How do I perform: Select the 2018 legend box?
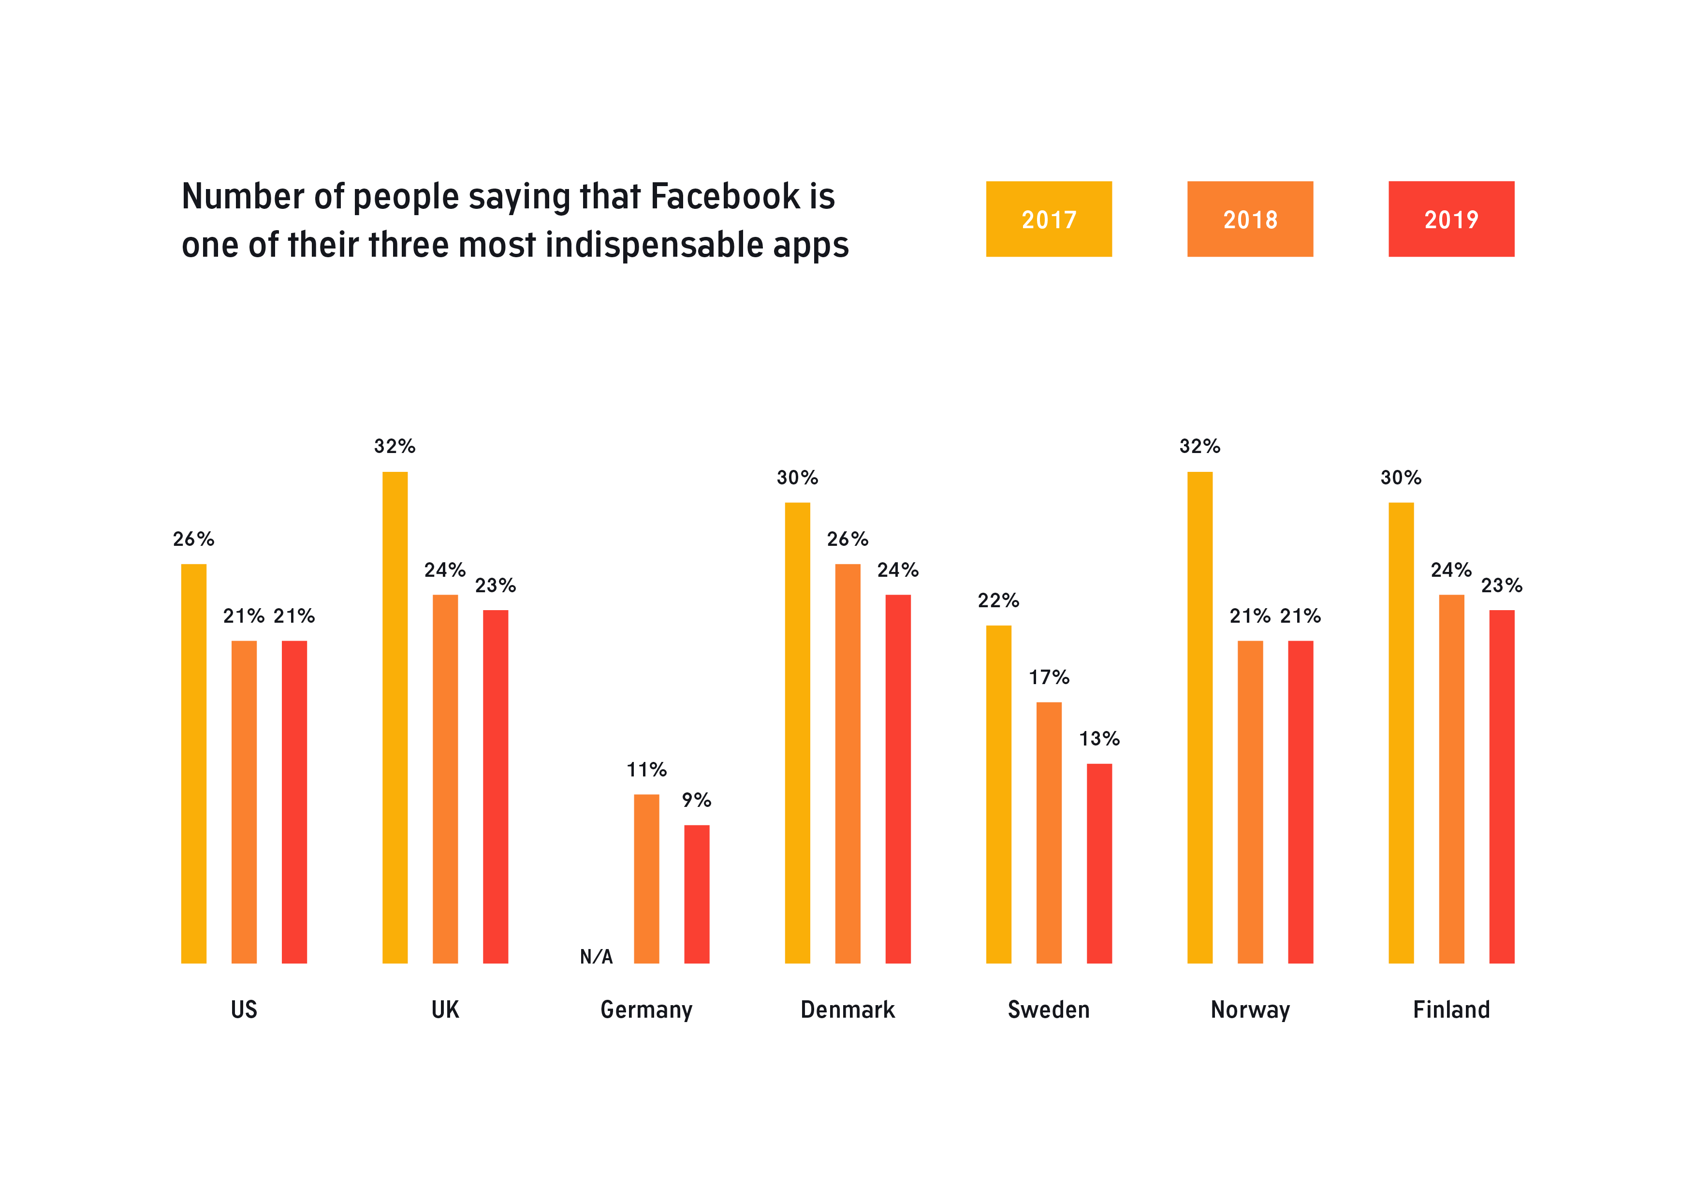point(1250,219)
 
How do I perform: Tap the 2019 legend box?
point(1451,219)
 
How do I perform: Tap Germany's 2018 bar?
point(646,878)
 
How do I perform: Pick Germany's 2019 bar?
point(697,894)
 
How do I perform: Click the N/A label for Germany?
point(596,957)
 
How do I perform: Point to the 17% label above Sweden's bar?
point(1049,677)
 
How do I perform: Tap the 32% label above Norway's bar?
point(1199,446)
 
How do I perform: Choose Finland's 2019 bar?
point(1502,786)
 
